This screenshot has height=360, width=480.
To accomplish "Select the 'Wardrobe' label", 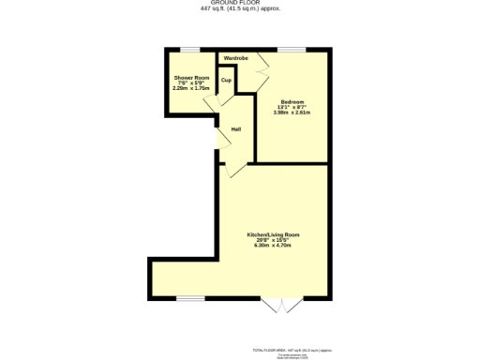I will coord(235,59).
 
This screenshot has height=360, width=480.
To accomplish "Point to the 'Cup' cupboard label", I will coord(226,81).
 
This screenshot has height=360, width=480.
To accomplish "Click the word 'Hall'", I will coord(237,129).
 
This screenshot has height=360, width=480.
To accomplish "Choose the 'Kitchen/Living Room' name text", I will coord(273,233).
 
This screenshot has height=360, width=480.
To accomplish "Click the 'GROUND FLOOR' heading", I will coord(239,4).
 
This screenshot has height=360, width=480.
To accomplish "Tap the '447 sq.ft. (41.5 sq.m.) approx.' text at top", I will coord(239,9).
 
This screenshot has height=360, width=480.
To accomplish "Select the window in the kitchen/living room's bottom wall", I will coord(190,299).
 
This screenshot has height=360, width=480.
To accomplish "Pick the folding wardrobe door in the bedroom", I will coord(265,66).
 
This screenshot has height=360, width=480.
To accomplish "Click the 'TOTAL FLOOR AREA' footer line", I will coord(305,347).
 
